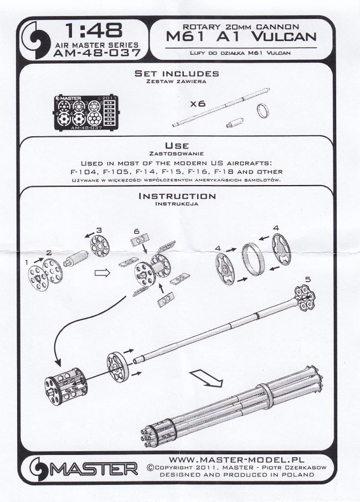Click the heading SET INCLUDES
click(x=177, y=74)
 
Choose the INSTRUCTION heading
click(x=177, y=196)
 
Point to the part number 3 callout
click(x=99, y=229)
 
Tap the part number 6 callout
click(x=136, y=230)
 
